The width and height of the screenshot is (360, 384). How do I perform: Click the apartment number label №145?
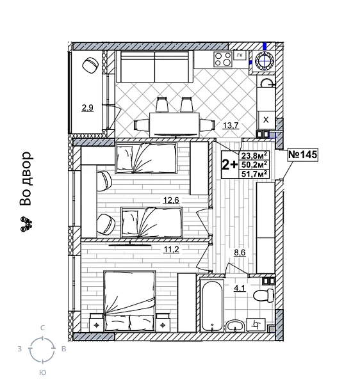303,155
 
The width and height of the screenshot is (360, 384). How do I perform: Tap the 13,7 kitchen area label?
231,125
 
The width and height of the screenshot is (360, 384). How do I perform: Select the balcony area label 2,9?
87,108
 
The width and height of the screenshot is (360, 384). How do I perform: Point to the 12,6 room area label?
170,201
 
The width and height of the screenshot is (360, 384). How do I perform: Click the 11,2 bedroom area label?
170,250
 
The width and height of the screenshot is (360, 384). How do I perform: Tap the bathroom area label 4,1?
240,289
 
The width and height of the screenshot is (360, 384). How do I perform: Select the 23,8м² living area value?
254,154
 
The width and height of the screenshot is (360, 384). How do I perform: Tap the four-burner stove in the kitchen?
223,60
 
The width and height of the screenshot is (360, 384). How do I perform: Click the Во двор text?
26,179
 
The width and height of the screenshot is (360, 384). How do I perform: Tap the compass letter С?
43,328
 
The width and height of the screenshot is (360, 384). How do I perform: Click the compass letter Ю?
42,372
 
